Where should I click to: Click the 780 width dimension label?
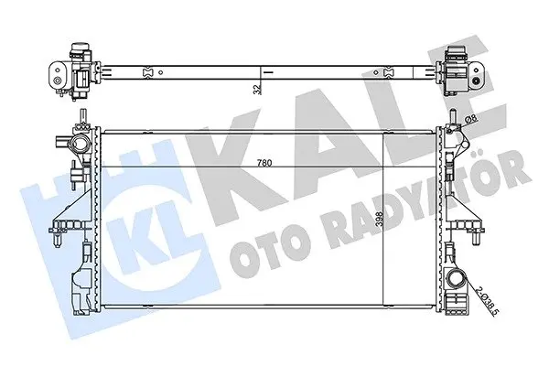pyautogui.click(x=264, y=163)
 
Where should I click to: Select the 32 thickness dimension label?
pyautogui.click(x=257, y=90)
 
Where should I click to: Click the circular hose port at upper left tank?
pyautogui.click(x=78, y=144)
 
